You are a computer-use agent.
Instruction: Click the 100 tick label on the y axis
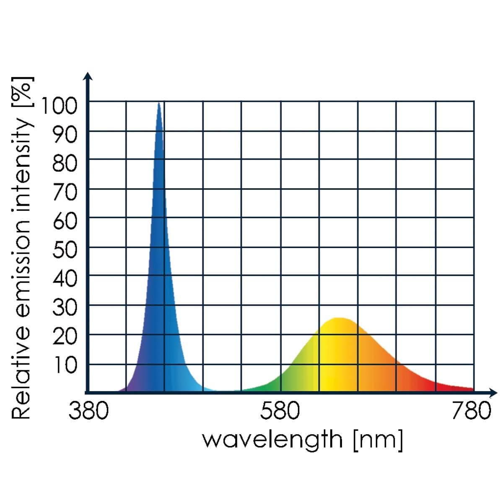tap(59, 106)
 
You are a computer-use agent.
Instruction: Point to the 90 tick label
tap(65, 135)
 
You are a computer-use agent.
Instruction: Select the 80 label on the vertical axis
tap(65, 164)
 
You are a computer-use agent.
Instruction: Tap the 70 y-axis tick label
tap(65, 193)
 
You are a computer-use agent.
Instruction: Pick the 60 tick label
tap(65, 222)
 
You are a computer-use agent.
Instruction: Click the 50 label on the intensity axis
tap(65, 251)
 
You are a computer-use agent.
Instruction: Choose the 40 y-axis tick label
tap(65, 279)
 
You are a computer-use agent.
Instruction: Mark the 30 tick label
tap(65, 308)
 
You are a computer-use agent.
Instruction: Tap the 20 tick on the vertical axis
tap(65, 337)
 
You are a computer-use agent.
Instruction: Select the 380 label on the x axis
tap(88, 411)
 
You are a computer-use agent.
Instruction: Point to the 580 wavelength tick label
tap(280, 411)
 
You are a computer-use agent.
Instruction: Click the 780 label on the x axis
tap(472, 411)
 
